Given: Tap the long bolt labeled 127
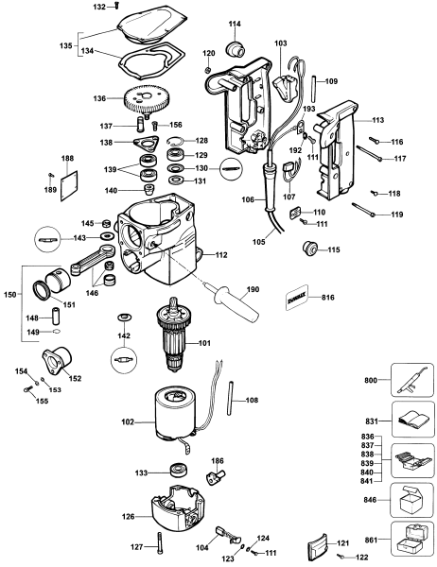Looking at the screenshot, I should click(x=162, y=543).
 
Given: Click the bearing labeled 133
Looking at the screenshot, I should click(x=175, y=471).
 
